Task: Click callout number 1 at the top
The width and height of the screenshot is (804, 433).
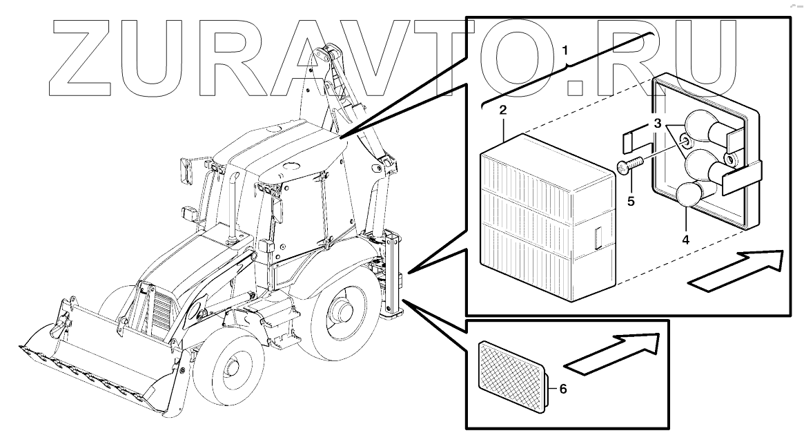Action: (565, 50)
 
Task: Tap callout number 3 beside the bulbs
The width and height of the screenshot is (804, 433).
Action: (658, 124)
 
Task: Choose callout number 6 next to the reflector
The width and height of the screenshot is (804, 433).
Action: (562, 389)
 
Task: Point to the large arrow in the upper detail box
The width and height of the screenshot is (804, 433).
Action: (736, 269)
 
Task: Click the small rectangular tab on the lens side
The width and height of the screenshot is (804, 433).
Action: (598, 236)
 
